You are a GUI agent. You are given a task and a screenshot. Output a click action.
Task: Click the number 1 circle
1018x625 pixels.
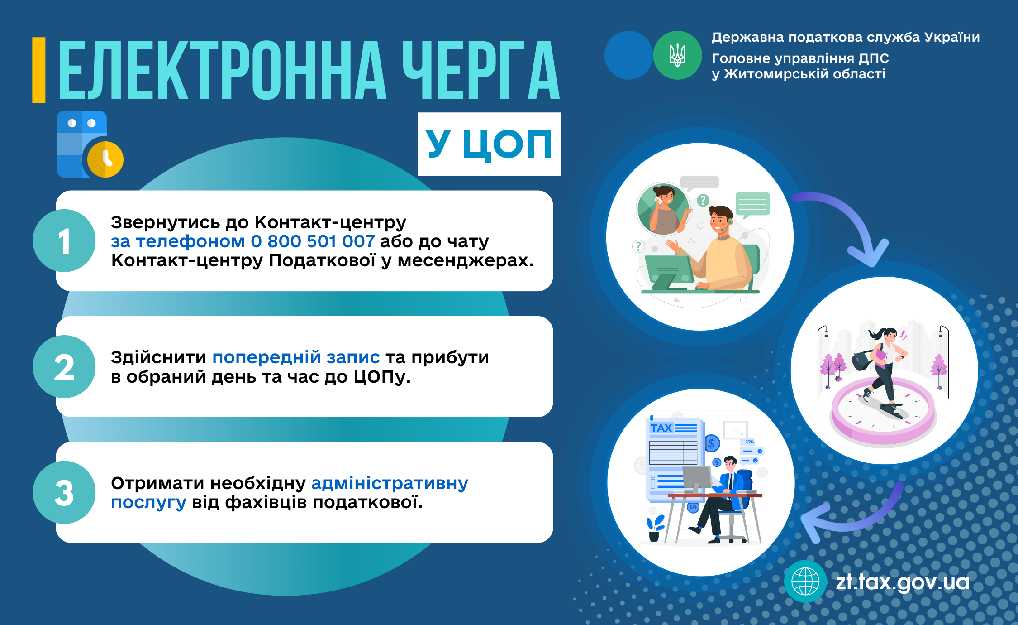point(64,240)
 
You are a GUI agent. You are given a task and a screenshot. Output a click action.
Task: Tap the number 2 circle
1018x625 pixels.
point(64,366)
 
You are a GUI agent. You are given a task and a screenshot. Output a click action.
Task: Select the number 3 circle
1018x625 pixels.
point(64,492)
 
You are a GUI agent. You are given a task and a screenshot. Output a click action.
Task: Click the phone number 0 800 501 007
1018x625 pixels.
point(313,241)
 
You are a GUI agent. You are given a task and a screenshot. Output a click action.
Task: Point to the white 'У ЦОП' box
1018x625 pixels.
point(489,144)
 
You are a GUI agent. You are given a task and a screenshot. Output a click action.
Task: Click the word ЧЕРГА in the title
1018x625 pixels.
point(481,70)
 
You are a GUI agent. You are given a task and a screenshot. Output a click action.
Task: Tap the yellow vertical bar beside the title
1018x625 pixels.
point(39,70)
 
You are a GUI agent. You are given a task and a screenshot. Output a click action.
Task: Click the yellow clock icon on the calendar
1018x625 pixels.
point(105,159)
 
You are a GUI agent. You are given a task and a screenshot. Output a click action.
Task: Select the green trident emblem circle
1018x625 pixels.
point(677,55)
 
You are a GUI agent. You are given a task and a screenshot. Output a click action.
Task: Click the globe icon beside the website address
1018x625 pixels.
point(805,582)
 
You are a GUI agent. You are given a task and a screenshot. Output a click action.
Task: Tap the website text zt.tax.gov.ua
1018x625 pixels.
point(903,582)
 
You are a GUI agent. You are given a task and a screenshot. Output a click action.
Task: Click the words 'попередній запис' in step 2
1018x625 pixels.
point(296,357)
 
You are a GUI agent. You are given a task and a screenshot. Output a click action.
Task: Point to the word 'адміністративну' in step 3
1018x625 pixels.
point(390,483)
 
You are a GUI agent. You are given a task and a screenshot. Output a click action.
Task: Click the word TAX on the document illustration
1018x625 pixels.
point(661,428)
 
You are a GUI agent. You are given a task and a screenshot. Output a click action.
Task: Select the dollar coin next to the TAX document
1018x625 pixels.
point(712,443)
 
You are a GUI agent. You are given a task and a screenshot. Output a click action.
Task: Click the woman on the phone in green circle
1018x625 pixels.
point(664,209)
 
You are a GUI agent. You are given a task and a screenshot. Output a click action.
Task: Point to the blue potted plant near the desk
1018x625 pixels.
point(655,528)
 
